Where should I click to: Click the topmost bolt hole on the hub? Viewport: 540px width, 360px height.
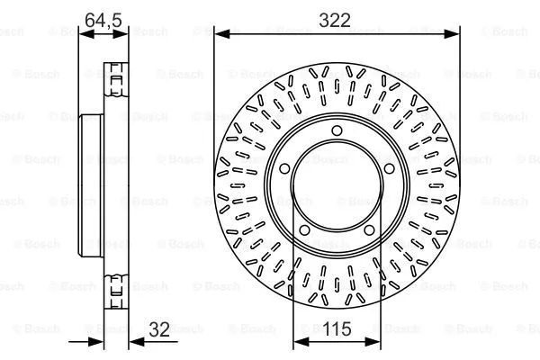pyautogui.click(x=337, y=132)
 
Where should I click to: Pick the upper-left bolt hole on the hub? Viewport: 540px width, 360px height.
pyautogui.click(x=283, y=170)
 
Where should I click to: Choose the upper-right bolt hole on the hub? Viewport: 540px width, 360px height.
pyautogui.click(x=391, y=170)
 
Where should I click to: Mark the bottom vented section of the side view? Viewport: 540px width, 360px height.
pyautogui.click(x=115, y=288)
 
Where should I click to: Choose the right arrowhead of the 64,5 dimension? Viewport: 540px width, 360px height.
pyautogui.click(x=122, y=33)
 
